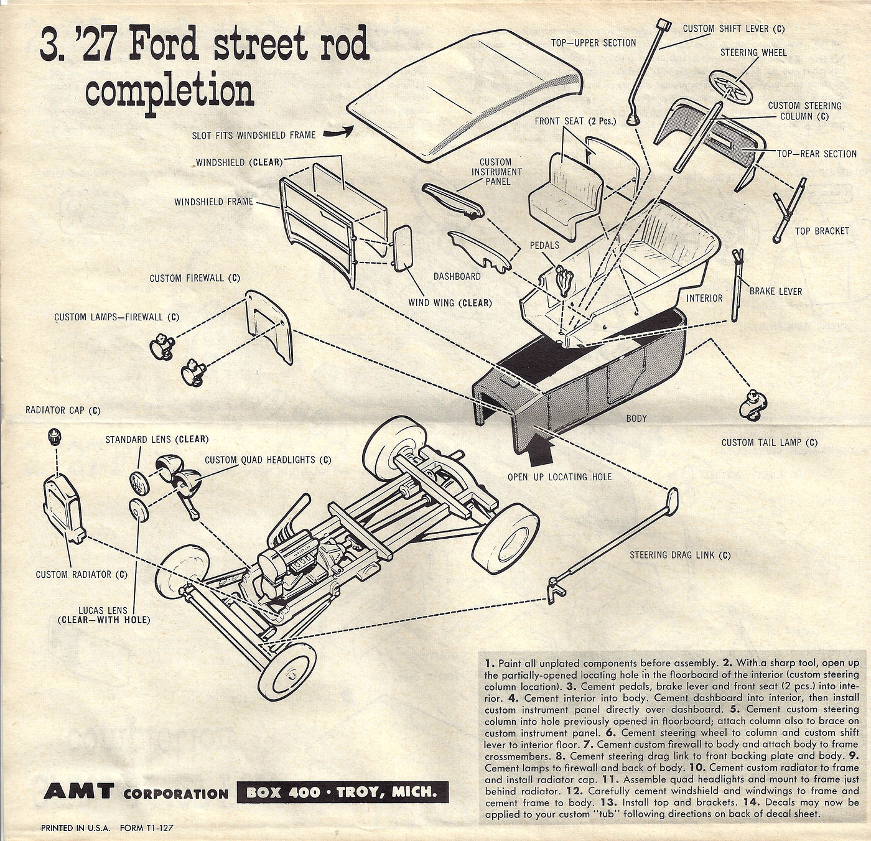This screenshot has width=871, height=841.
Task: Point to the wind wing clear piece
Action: click(x=403, y=247)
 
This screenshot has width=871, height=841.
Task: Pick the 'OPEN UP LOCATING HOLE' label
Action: click(x=559, y=477)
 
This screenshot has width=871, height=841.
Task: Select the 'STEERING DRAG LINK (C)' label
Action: click(x=680, y=555)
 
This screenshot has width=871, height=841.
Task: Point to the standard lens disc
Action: click(x=139, y=482)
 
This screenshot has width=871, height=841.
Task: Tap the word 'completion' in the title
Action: click(x=169, y=92)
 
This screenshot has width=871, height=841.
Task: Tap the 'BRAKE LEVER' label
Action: click(x=775, y=291)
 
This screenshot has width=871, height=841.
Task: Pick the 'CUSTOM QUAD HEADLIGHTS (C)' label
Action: click(x=268, y=460)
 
